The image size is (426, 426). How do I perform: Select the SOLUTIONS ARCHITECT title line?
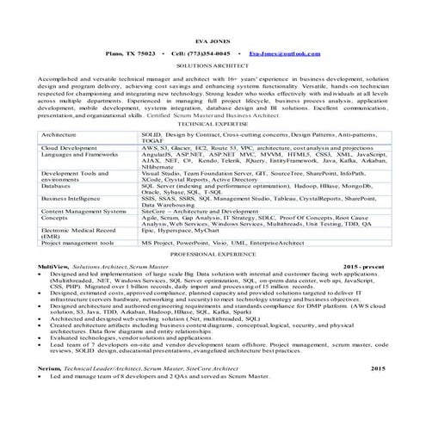coord(212,65)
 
